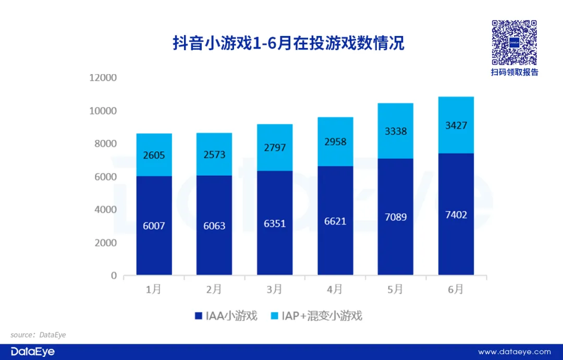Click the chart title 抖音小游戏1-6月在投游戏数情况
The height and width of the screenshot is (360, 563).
click(288, 43)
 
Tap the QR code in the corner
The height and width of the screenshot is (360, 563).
click(514, 42)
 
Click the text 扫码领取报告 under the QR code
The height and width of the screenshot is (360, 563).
click(514, 73)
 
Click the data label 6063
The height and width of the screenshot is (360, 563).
click(214, 226)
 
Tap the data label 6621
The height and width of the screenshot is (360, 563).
click(335, 222)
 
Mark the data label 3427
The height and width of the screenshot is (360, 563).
click(456, 125)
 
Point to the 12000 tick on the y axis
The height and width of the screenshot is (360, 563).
click(103, 78)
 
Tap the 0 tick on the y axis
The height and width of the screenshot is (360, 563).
click(113, 275)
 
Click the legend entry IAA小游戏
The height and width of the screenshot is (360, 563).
click(226, 316)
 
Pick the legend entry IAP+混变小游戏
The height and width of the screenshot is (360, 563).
click(316, 316)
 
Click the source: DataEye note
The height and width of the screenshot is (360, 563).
click(38, 335)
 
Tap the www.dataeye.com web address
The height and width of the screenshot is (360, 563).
click(515, 352)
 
